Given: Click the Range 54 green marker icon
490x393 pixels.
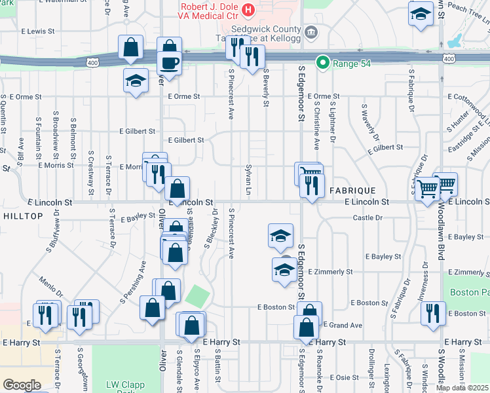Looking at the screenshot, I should tap(322, 63).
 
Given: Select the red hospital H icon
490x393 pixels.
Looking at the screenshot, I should tap(248, 10).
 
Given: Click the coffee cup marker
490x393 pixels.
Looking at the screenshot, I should tap(170, 64).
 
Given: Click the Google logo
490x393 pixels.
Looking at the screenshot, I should tap(22, 385).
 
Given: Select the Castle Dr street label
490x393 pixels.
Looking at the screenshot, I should tap(367, 217).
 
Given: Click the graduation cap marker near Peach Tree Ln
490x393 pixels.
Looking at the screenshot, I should tap(420, 14).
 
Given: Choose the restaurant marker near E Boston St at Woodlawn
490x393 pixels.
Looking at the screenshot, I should tap(433, 313).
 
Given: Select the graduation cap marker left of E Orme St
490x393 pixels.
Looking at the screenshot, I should tap(136, 81).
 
